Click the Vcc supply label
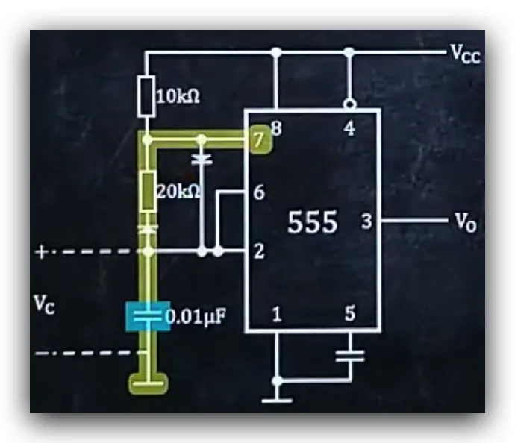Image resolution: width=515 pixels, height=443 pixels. click(466, 54)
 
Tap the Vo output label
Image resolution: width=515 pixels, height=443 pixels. click(466, 222)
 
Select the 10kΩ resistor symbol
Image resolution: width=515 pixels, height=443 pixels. click(146, 96)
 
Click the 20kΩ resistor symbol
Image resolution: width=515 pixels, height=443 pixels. click(148, 190)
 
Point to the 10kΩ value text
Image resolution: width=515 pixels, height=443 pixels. click(178, 96)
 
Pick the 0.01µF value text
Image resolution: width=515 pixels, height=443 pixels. click(196, 317)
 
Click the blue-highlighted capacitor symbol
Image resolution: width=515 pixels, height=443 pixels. click(148, 316)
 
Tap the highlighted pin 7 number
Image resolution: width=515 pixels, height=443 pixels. click(259, 139)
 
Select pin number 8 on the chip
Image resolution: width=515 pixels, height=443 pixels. click(276, 128)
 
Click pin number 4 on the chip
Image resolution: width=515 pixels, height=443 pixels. click(349, 128)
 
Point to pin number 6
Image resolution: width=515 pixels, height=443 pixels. click(259, 192)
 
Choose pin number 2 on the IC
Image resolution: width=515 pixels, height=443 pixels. click(259, 251)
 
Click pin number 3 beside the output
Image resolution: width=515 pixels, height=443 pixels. click(366, 221)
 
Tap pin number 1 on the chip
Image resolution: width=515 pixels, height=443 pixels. click(277, 314)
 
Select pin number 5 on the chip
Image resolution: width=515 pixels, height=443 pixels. click(350, 313)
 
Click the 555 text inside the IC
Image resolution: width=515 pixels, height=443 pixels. click(312, 222)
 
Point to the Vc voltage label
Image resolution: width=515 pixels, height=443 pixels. click(45, 304)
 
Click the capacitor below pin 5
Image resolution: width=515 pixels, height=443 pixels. click(350, 356)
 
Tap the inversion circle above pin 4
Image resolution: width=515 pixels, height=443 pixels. click(350, 104)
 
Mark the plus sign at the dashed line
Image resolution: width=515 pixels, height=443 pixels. click(41, 252)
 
